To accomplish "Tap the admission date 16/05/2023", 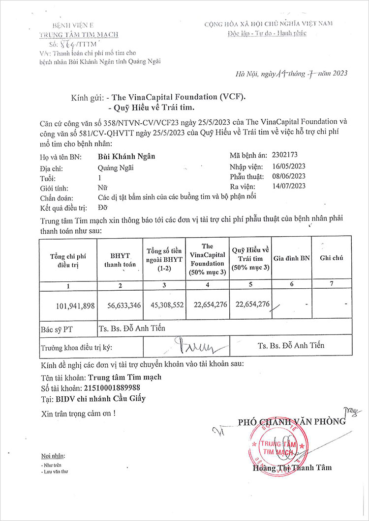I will coord(289,166).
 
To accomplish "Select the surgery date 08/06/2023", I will coord(289,176).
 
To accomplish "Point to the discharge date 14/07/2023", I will coord(289,186).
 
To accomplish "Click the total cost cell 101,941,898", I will coord(75,305).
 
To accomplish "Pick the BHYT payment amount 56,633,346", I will coord(124,305).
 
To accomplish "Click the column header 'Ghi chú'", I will coord(331,258).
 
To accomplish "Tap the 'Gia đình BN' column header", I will coord(292,258).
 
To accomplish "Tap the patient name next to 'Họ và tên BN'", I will coord(126,157).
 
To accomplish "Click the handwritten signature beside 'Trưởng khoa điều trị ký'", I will coord(196,347).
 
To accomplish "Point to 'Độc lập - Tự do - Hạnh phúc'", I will coord(267,33).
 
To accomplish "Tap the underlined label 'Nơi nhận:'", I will coord(53,456).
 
